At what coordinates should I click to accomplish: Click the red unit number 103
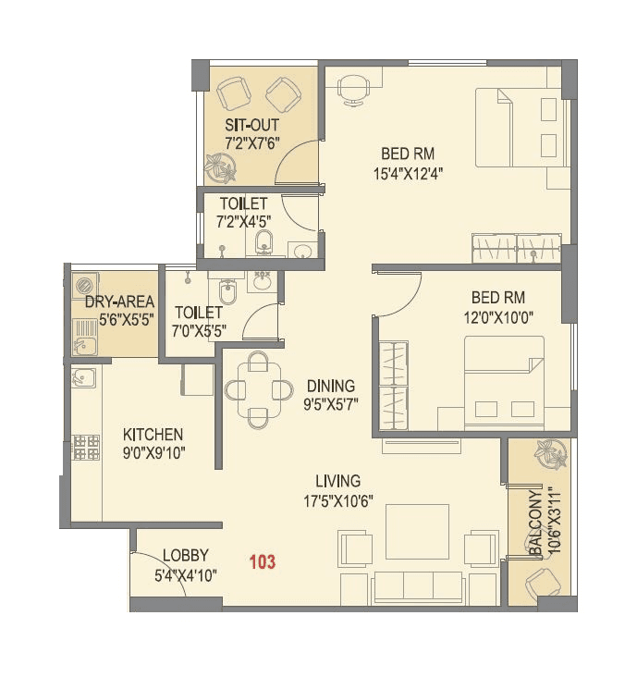[x=262, y=560]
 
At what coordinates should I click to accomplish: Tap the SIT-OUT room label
[x=251, y=125]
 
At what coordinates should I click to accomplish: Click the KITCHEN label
[x=153, y=434]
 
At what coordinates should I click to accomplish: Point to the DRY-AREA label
[x=119, y=302]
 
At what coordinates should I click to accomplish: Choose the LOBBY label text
[x=185, y=555]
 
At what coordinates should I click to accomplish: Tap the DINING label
[x=330, y=386]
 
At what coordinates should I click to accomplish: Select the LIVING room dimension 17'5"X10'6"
[x=337, y=500]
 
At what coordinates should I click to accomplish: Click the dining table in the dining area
[x=260, y=389]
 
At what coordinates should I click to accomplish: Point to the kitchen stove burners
[x=86, y=448]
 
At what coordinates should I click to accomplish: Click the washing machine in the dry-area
[x=86, y=284]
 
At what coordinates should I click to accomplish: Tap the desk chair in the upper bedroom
[x=352, y=87]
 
